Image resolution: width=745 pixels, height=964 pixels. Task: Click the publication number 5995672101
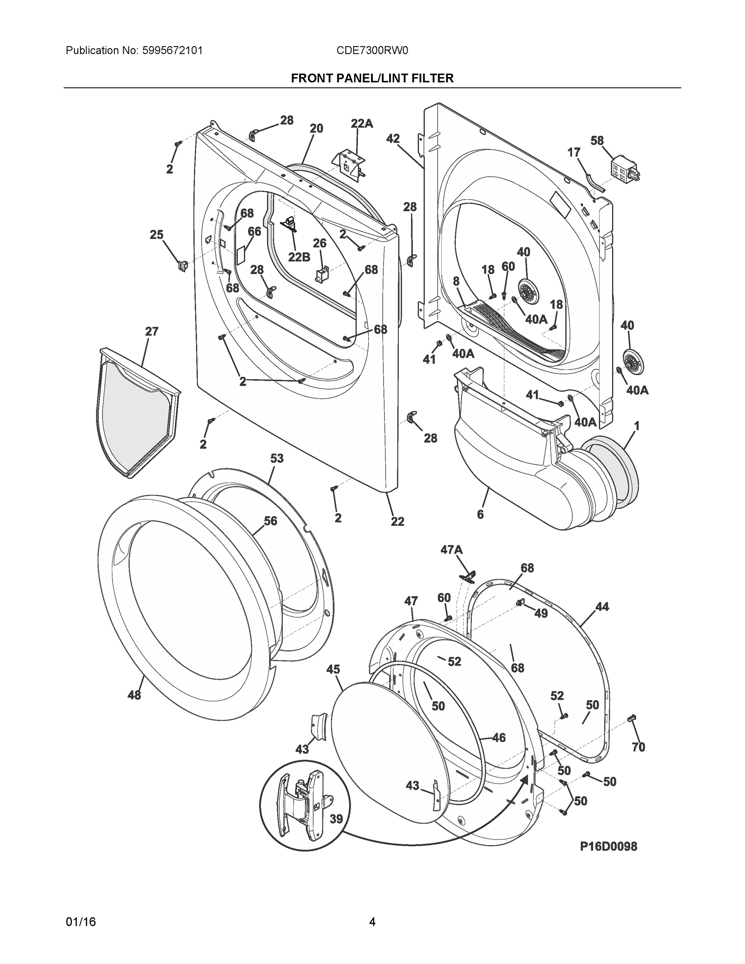[x=173, y=51]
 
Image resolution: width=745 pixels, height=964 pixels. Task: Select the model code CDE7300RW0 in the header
[x=372, y=51]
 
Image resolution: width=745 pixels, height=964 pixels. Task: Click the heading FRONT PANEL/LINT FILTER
[x=372, y=79]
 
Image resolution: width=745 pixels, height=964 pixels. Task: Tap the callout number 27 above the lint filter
[x=151, y=331]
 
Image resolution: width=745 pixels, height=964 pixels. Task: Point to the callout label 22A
[x=361, y=124]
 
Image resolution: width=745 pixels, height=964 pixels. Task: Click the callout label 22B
[x=299, y=257]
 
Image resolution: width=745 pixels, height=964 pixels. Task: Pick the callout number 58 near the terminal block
[x=597, y=141]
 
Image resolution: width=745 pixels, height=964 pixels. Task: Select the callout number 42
[x=393, y=139]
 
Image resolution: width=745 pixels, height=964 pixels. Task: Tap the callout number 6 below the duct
[x=480, y=514]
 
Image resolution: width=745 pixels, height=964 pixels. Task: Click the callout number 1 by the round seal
[x=637, y=426]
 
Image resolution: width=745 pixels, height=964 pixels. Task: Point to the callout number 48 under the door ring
[x=134, y=695]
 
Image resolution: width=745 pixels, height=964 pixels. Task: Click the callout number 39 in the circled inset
[x=336, y=819]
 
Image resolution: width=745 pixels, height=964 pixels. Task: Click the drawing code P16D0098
[x=608, y=846]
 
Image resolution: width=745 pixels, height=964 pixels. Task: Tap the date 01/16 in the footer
[x=81, y=922]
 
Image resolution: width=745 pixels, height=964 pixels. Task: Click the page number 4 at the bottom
[x=372, y=922]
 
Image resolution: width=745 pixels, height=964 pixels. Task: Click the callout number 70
[x=638, y=747]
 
